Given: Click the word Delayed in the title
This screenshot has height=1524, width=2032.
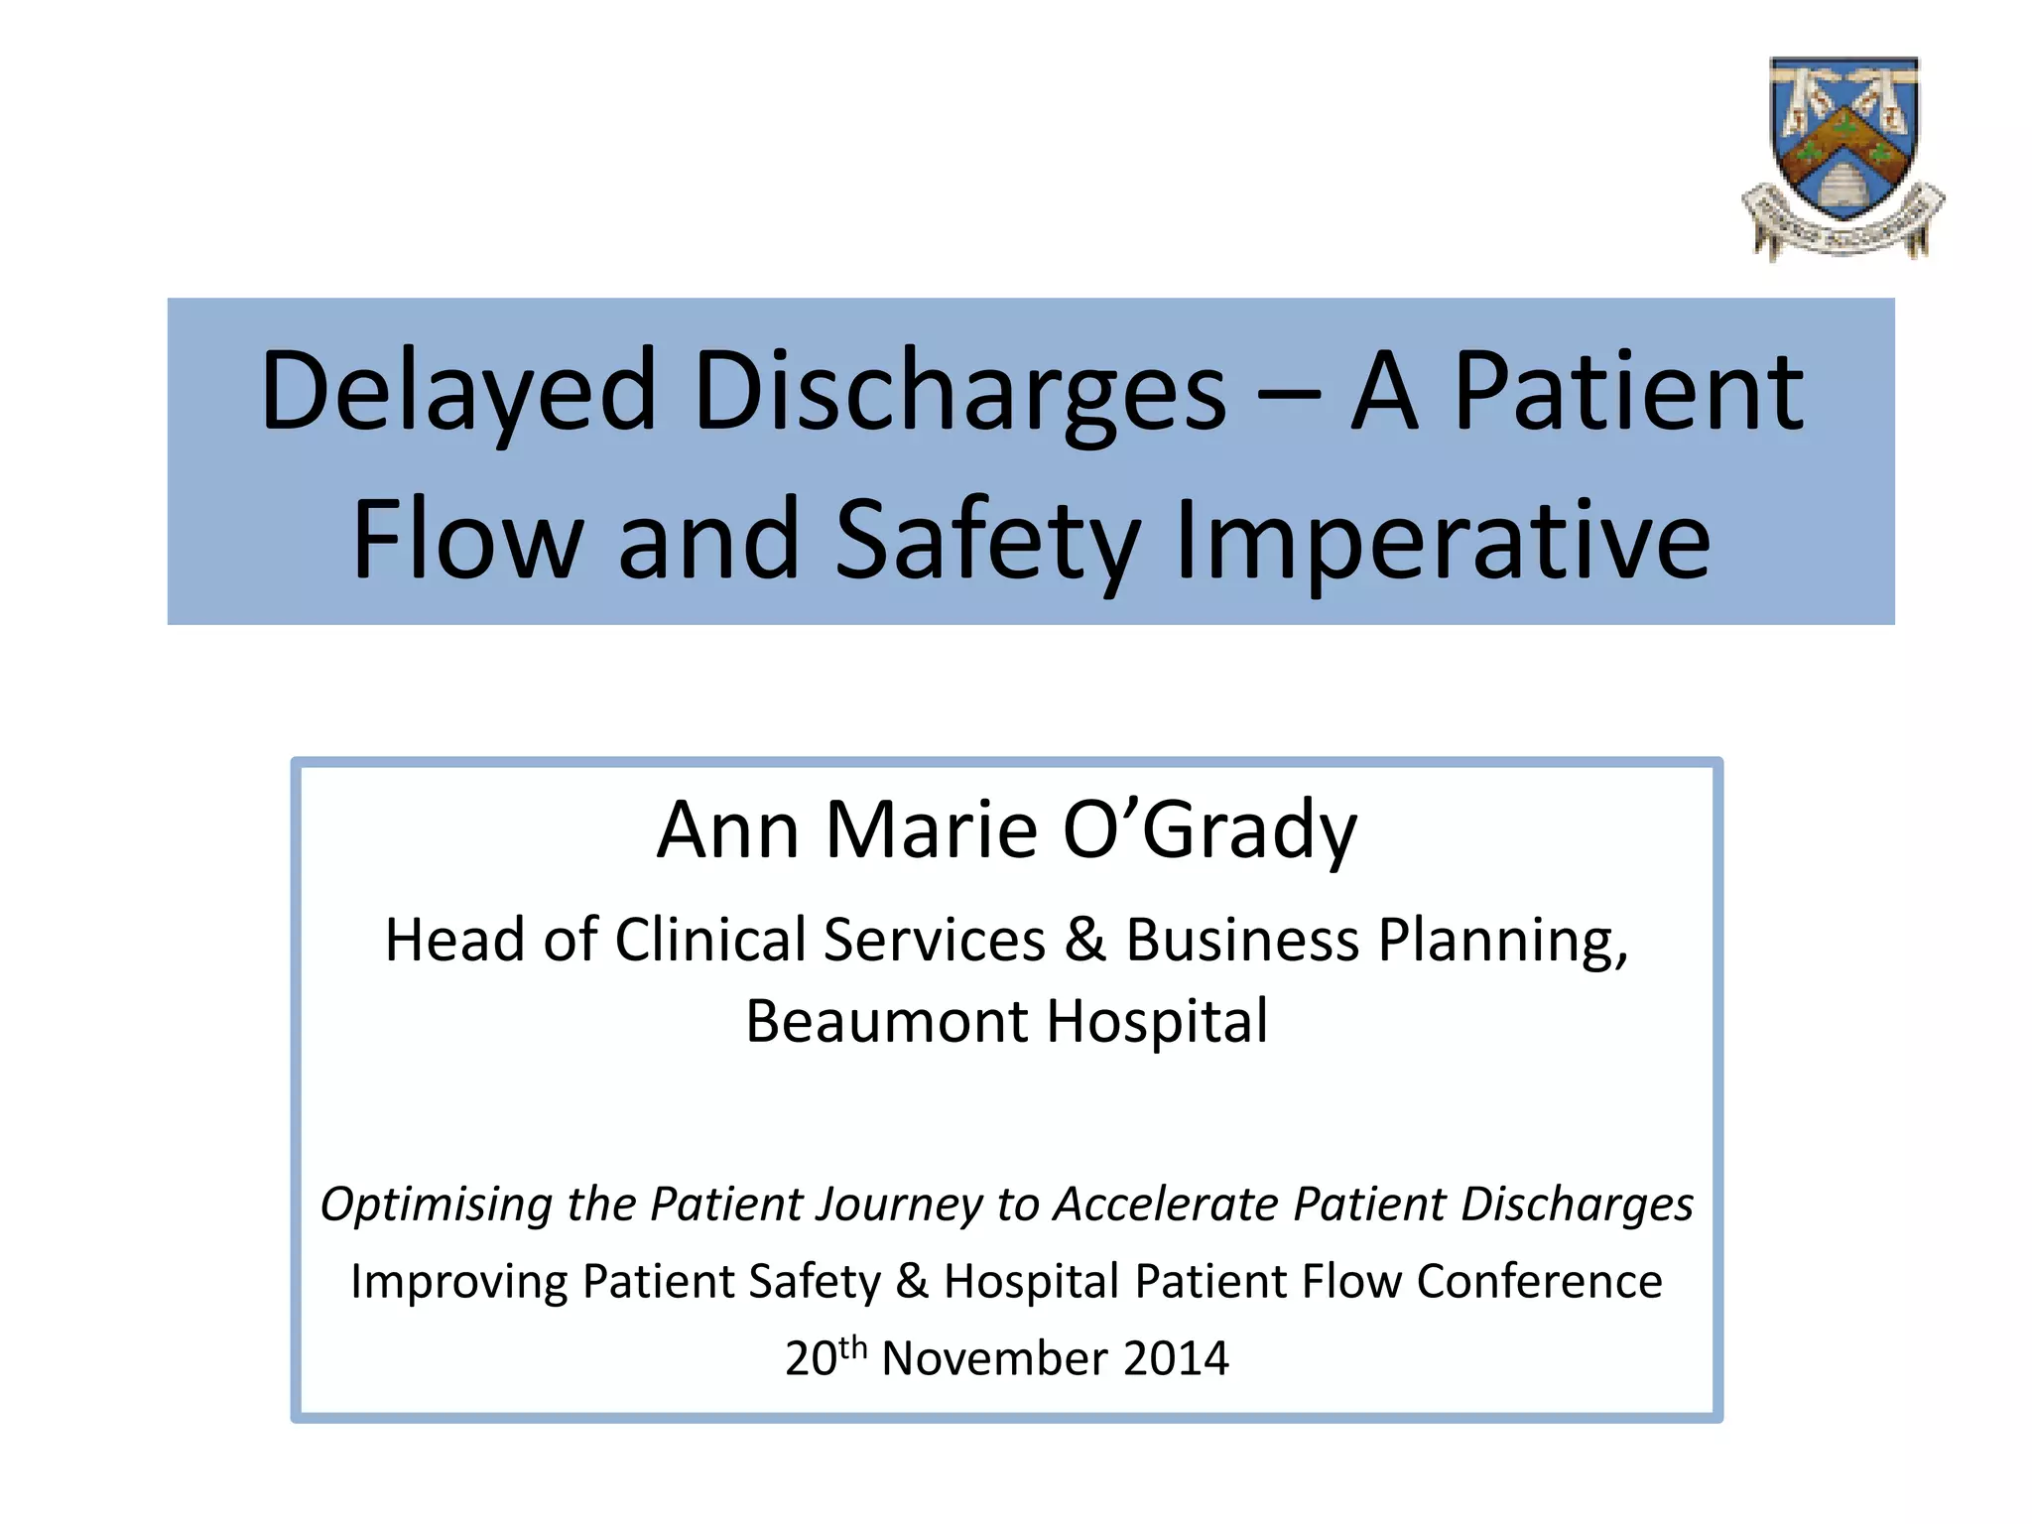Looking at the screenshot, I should pyautogui.click(x=458, y=393).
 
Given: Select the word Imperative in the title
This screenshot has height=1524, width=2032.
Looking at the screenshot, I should pyautogui.click(x=1443, y=542).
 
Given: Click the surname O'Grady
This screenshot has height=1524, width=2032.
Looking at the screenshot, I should pyautogui.click(x=1209, y=830).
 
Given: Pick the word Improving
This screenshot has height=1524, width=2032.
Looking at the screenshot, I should pyautogui.click(x=458, y=1282).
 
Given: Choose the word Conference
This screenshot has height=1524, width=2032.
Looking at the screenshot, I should pyautogui.click(x=1539, y=1281).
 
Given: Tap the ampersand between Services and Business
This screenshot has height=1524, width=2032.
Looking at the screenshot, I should pyautogui.click(x=1084, y=940).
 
